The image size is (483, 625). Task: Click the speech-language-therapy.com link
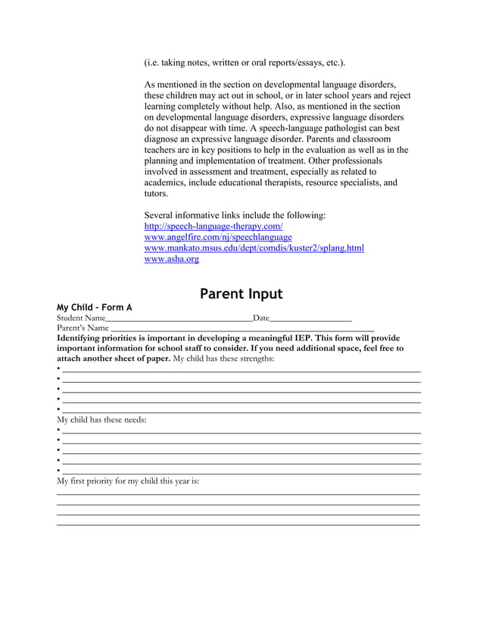coord(213,226)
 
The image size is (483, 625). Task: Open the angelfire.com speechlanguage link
coord(217,237)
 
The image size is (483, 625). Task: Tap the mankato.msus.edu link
coord(254,247)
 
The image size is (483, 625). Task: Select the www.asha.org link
coord(171,259)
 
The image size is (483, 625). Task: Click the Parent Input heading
coord(241,294)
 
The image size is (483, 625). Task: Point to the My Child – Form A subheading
coord(95,307)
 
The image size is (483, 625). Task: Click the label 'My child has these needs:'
coord(101,419)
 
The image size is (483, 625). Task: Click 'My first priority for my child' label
coord(128,480)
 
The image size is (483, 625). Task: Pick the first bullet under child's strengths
coord(59,369)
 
